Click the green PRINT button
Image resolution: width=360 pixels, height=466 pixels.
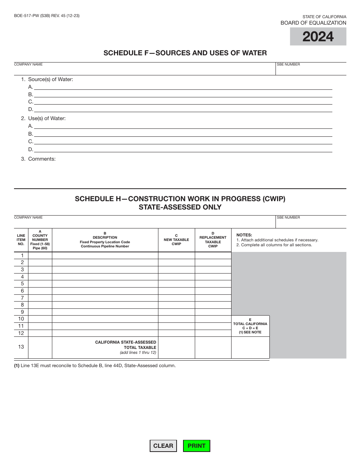pos(196,446)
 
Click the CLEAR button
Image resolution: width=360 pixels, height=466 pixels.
pos(163,446)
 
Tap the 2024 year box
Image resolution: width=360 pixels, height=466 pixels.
pos(318,37)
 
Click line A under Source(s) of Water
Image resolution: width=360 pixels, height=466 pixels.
pos(183,86)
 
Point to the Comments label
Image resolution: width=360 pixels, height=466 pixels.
pos(42,159)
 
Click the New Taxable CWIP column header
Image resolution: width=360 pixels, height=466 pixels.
pos(176,240)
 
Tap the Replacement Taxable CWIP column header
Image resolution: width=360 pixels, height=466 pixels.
pos(213,240)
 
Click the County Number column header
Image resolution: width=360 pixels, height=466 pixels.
pos(40,240)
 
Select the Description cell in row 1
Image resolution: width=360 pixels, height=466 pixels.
pos(105,256)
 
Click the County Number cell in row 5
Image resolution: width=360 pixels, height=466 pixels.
pos(40,284)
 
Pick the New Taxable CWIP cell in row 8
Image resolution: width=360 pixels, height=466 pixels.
pos(176,305)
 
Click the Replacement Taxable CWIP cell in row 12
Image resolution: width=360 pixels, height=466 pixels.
pos(213,333)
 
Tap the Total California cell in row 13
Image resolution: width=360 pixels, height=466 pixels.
pos(250,347)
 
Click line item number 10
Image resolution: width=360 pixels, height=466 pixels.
pos(21,319)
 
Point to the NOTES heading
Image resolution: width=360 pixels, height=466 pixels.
pos(244,235)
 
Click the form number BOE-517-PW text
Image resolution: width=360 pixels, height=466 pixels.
pos(47,16)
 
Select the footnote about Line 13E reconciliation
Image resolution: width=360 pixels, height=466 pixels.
pos(95,366)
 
